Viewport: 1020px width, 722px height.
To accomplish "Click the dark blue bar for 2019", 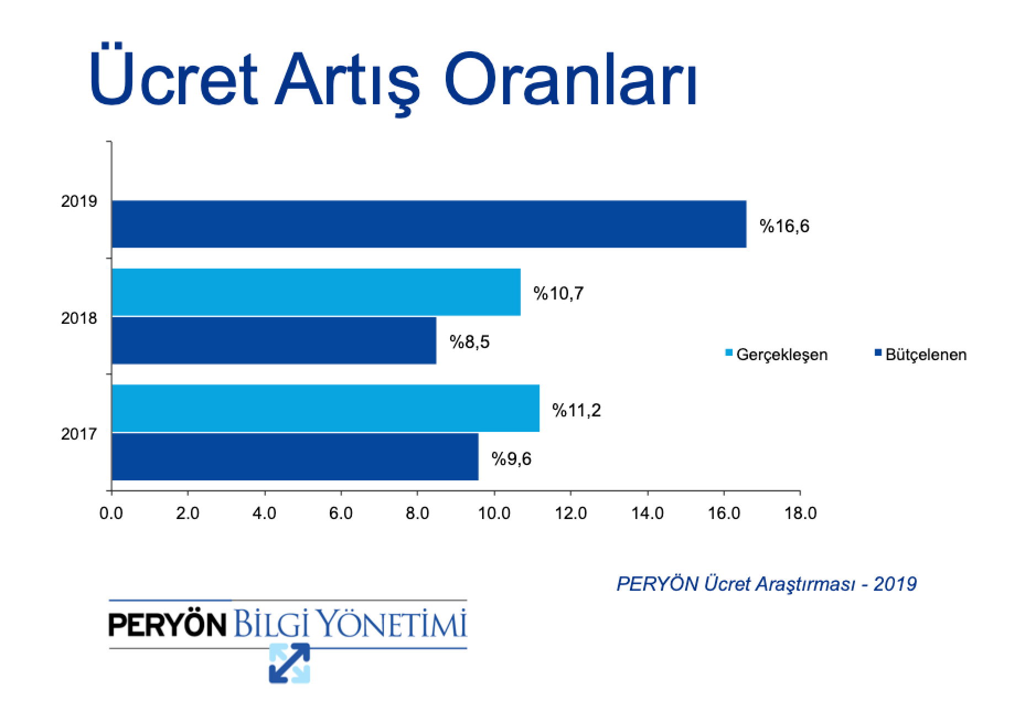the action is pos(429,224).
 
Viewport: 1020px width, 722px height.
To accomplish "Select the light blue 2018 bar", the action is pos(316,292).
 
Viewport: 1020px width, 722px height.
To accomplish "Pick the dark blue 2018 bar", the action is pos(274,340).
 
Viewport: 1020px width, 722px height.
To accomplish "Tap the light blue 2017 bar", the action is pos(325,408).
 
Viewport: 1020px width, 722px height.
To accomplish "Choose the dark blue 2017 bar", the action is pos(295,457).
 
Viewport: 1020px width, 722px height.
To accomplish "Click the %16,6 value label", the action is pos(784,226).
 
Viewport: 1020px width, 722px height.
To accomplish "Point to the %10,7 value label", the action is pos(558,293).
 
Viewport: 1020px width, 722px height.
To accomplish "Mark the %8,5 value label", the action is pos(469,342).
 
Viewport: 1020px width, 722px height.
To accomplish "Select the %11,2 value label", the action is pos(576,410).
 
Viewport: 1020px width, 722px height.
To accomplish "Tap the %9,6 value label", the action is pos(511,459).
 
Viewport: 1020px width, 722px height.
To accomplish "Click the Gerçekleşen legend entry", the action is pos(776,354).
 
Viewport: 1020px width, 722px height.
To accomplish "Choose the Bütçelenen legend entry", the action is pos(921,354).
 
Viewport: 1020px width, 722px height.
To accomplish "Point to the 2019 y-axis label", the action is pos(79,201).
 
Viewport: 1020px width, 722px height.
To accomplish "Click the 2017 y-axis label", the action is pos(79,434).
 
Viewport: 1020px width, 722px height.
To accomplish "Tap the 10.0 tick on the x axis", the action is pos(494,514).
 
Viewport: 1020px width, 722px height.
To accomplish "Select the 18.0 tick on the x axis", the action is pos(800,514).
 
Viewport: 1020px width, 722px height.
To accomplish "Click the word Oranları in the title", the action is pos(571,79).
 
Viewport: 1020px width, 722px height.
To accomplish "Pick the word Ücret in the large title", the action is pos(173,75).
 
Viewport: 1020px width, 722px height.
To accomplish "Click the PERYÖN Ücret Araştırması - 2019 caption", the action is pos(767,584).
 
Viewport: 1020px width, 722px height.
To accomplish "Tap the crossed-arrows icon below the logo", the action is pos(290,663).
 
